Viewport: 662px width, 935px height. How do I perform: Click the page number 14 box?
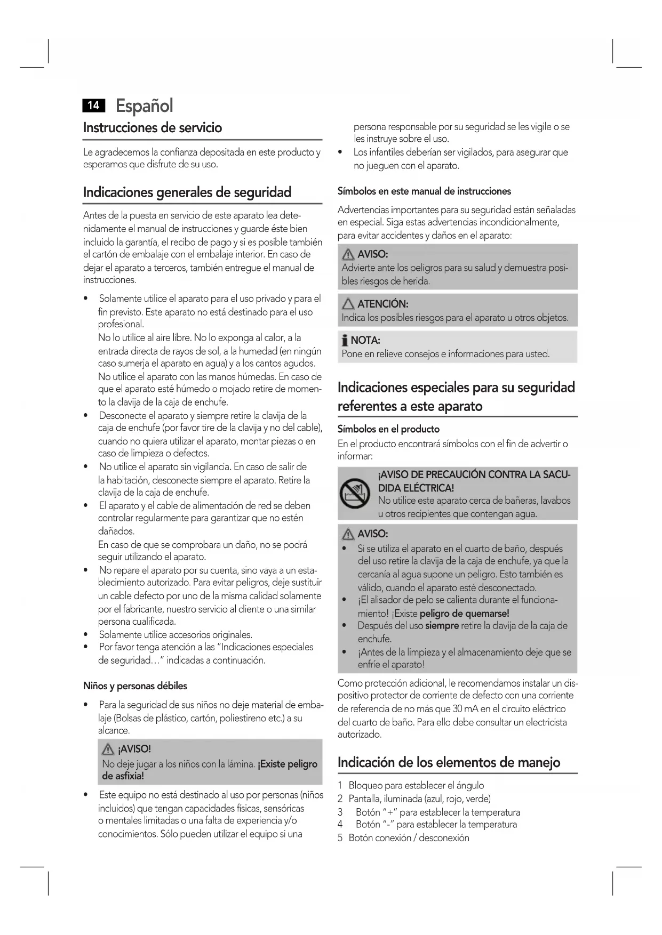[x=94, y=106]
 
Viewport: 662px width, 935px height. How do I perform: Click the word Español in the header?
[x=144, y=106]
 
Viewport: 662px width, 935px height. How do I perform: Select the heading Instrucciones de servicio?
[x=153, y=128]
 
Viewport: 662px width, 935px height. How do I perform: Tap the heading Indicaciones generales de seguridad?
[x=187, y=192]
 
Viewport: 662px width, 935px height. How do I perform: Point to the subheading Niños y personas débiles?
[x=135, y=686]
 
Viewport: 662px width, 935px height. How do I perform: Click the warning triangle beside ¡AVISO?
[x=108, y=749]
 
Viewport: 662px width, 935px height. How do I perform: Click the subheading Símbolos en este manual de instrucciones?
[x=424, y=191]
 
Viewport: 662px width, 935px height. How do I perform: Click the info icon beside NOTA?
[x=345, y=341]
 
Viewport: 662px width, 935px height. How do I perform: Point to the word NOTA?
[x=365, y=341]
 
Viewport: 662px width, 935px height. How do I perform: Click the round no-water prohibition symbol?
[x=355, y=493]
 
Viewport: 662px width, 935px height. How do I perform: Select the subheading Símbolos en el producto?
[x=388, y=429]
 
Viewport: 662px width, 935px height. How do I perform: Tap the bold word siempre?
[x=442, y=626]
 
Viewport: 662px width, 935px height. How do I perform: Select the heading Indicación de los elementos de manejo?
[x=449, y=762]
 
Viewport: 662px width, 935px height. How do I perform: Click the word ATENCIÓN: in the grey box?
[x=382, y=304]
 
